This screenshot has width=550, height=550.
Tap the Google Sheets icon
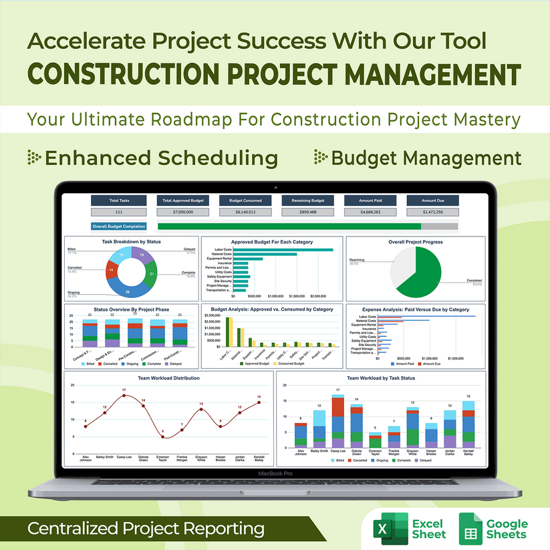472,529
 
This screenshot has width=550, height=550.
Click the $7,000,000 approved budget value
182,212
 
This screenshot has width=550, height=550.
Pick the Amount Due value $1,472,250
433,212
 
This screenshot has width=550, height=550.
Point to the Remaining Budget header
308,200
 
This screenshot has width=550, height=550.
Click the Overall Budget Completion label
119,227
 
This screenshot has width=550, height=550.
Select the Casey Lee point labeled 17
124,396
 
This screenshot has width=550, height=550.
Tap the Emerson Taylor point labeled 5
162,436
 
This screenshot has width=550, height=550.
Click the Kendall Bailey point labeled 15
259,402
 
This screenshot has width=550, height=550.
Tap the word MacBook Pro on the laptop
275,473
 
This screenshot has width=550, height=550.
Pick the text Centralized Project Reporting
146,529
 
